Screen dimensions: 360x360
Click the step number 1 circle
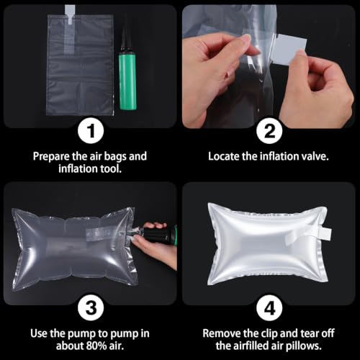(x=91, y=131)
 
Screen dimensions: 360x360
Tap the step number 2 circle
(x=269, y=131)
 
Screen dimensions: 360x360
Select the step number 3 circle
(x=91, y=307)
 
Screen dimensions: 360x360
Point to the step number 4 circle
(x=269, y=307)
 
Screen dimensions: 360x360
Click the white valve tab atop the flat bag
(x=70, y=14)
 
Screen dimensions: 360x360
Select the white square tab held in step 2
(x=292, y=49)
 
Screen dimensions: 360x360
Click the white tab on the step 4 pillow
(x=325, y=233)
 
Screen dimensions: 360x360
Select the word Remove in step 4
(x=222, y=333)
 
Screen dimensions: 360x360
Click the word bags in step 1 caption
(x=114, y=157)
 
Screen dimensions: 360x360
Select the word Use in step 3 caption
(x=38, y=333)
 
